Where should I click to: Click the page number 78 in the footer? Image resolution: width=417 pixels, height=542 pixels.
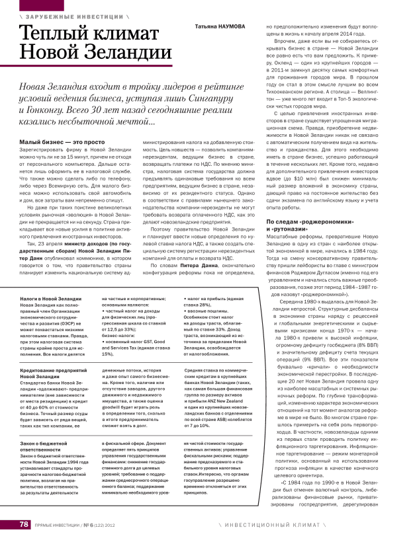tap(23, 524)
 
